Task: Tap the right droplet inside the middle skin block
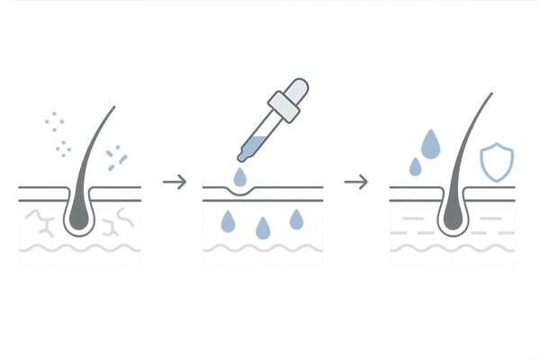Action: [295, 218]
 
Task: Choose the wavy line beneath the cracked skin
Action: [82, 249]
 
